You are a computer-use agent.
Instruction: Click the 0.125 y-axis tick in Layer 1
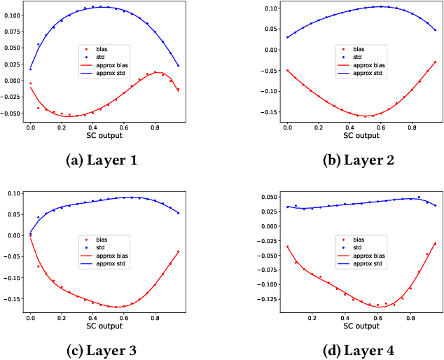click(x=12, y=4)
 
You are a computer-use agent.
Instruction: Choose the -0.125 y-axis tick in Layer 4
click(x=268, y=300)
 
